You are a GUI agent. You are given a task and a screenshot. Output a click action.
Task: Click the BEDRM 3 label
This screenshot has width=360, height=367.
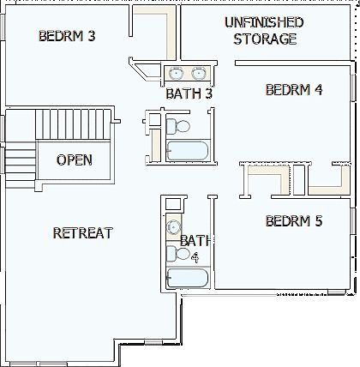(x=67, y=36)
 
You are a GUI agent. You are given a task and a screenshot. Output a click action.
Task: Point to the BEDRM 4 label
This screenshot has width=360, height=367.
(x=294, y=89)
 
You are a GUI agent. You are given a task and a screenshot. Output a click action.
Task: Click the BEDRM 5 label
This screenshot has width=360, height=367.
(x=294, y=220)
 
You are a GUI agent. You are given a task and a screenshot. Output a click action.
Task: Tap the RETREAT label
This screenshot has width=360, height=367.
(x=82, y=232)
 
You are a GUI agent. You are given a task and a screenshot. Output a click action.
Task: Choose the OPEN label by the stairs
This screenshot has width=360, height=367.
(x=74, y=159)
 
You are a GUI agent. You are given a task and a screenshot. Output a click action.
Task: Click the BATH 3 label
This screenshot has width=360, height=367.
(x=189, y=93)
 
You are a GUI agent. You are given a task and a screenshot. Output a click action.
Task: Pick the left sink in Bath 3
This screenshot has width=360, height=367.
(x=177, y=72)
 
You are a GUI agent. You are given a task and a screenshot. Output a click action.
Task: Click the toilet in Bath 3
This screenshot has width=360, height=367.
(x=181, y=127)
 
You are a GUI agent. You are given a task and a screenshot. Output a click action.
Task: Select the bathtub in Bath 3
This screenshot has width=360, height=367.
(x=186, y=152)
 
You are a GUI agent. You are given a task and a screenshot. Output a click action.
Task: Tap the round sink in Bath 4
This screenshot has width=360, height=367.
(x=173, y=227)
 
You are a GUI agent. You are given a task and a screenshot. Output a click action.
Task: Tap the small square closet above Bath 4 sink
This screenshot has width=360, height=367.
(x=172, y=204)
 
